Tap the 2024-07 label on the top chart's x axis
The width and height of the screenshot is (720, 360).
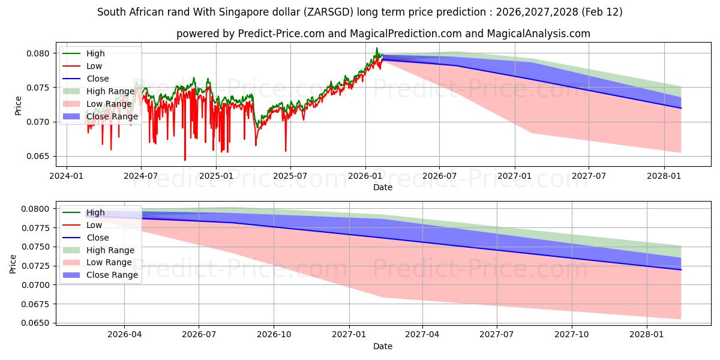coord(141,176)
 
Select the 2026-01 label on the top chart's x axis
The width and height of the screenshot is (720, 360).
coord(365,176)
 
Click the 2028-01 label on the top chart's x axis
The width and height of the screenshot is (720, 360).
coord(664,176)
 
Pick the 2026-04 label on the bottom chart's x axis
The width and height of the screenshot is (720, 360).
coord(124,335)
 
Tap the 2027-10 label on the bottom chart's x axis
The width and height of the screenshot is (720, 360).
coord(572,335)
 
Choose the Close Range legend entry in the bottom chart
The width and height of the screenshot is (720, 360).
coord(112,275)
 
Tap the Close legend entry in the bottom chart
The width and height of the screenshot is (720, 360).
coord(98,238)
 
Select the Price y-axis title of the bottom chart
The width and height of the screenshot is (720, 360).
coord(13,263)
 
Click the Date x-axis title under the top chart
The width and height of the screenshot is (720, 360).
coord(382,187)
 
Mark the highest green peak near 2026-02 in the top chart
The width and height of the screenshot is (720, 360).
coord(377,48)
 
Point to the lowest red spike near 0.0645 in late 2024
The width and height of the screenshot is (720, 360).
coord(185,160)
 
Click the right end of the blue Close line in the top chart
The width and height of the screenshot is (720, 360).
coord(681,108)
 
